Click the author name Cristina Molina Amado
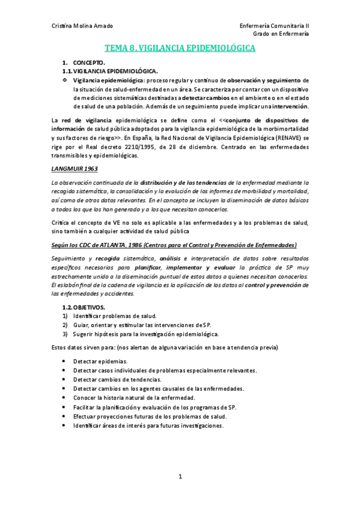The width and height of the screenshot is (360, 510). (82, 26)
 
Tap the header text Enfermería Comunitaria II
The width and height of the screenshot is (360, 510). (274, 26)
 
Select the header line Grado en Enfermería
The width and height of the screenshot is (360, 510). (281, 34)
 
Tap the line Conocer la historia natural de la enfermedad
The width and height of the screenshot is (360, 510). (134, 398)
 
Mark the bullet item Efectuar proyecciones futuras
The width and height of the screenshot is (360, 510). (150, 416)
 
